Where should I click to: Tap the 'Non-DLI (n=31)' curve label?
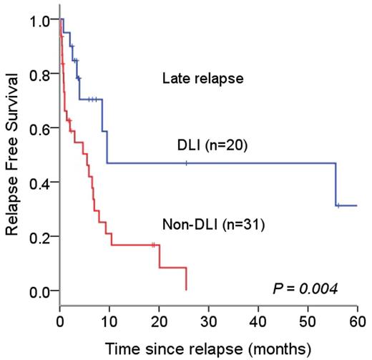pyautogui.click(x=214, y=227)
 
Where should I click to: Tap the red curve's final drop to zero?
pyautogui.click(x=186, y=278)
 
